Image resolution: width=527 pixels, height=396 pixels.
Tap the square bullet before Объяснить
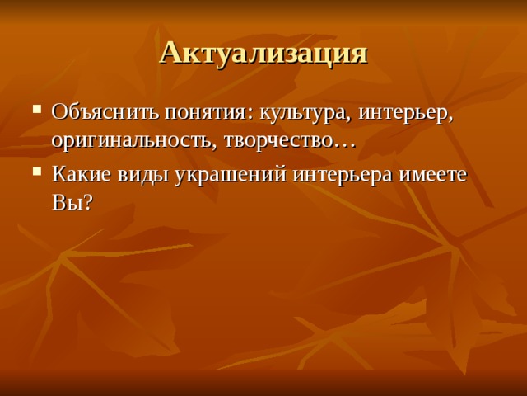click(37, 112)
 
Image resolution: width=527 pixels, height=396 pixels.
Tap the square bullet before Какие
click(37, 174)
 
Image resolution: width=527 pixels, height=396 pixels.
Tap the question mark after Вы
click(86, 203)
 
